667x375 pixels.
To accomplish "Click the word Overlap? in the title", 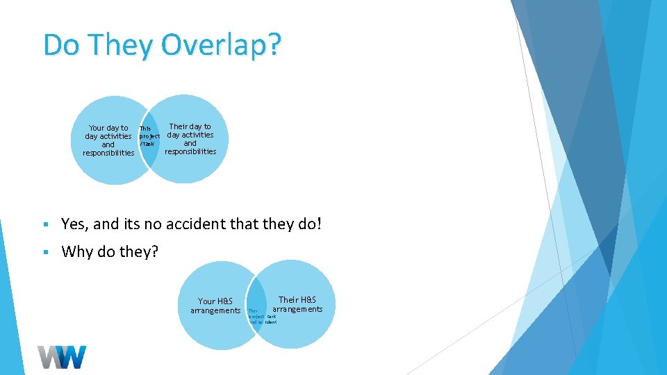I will click(222, 45).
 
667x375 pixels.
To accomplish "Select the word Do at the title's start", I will click(58, 45).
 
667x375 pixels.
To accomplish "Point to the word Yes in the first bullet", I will click(74, 224).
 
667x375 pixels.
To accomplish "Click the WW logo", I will click(63, 356).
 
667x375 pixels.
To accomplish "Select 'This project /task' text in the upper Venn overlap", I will click(149, 135).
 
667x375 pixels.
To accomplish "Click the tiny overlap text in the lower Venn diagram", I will click(262, 317).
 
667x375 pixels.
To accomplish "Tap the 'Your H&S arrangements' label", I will click(215, 306).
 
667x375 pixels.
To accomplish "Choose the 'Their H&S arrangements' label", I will click(297, 304).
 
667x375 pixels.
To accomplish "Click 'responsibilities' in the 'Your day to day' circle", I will click(108, 153).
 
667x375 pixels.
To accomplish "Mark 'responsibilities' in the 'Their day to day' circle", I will click(190, 151).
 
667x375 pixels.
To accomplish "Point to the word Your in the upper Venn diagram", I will click(98, 128).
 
